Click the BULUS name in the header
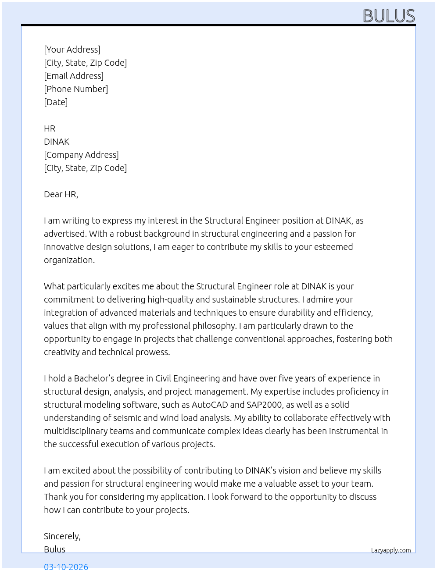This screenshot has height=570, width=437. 389,16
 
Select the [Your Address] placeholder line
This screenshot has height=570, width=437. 72,50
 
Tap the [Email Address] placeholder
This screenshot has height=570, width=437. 74,76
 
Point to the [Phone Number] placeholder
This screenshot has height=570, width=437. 76,89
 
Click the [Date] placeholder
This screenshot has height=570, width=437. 56,102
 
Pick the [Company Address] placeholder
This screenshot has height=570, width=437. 81,155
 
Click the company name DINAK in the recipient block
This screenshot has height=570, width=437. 57,142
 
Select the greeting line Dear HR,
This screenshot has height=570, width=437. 61,194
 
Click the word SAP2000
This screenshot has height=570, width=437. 264,405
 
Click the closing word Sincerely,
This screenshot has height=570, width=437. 62,536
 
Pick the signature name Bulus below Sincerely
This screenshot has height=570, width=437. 54,549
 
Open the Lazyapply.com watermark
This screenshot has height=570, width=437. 391,550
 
